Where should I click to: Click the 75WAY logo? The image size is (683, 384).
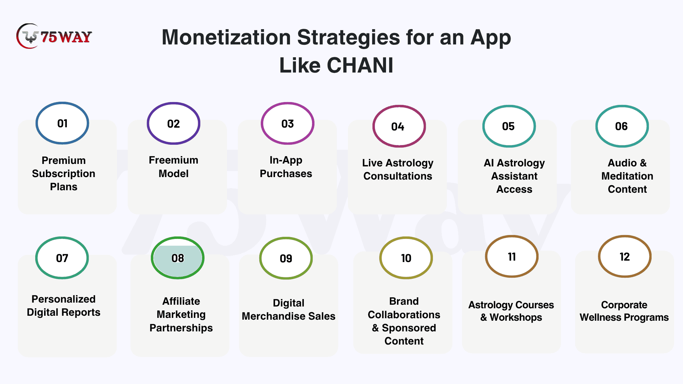click(x=54, y=36)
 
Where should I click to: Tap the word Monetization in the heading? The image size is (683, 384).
click(x=226, y=37)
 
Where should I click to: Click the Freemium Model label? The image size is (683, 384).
click(x=174, y=167)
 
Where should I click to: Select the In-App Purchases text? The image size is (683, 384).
click(x=286, y=167)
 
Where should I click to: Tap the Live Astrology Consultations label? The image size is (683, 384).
click(x=398, y=169)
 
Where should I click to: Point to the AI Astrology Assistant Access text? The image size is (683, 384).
click(x=514, y=176)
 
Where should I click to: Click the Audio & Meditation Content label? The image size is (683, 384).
click(x=627, y=176)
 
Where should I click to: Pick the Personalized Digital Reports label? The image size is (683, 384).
click(x=64, y=305)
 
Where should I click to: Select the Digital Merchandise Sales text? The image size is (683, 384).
click(x=288, y=309)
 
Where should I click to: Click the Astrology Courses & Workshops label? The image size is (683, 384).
click(x=511, y=311)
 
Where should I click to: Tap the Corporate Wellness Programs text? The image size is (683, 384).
click(x=624, y=311)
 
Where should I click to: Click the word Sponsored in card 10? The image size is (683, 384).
click(x=409, y=328)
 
